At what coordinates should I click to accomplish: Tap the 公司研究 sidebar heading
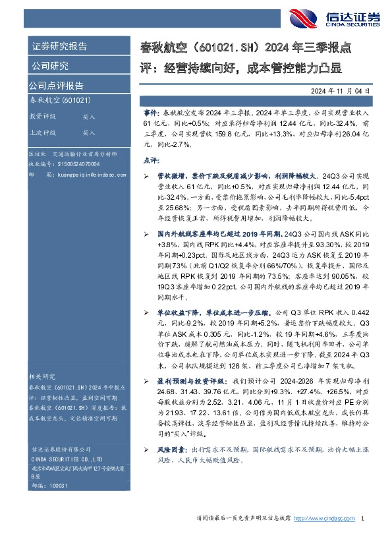pos(49,66)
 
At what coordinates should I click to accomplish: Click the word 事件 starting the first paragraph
pos(151,114)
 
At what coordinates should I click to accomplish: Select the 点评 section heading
pos(151,160)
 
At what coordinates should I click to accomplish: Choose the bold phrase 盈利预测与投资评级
pos(193,381)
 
